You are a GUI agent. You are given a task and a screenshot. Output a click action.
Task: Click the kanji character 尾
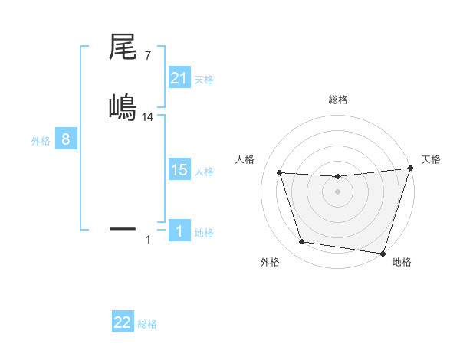(x=123, y=47)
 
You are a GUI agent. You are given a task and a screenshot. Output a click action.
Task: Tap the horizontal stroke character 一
(x=123, y=227)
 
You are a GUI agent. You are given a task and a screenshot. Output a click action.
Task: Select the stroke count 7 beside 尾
(x=147, y=55)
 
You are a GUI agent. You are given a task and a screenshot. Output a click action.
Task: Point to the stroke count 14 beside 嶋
(x=148, y=116)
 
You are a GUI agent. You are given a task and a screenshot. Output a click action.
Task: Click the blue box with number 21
(x=179, y=77)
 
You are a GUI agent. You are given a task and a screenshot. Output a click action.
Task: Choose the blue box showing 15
(x=179, y=170)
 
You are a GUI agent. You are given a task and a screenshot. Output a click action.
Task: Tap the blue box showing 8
(x=66, y=140)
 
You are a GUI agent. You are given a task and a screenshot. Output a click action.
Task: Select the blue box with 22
(x=123, y=322)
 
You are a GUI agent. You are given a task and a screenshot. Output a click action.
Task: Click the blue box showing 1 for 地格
(x=179, y=231)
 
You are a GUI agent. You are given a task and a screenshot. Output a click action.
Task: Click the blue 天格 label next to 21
(x=204, y=79)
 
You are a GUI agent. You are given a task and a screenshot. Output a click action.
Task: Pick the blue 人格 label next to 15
(x=204, y=172)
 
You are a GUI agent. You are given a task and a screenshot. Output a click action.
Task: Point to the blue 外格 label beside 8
(x=41, y=141)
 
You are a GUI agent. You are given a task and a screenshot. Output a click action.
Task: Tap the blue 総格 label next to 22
(x=147, y=324)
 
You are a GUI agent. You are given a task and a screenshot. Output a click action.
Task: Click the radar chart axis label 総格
(x=337, y=100)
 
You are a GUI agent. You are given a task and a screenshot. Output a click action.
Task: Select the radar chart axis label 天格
(x=431, y=159)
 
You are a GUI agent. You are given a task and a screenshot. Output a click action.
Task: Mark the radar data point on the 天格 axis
(x=410, y=169)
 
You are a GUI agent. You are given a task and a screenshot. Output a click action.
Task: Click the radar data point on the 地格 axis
(x=383, y=253)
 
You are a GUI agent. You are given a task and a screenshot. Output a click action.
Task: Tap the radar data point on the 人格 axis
(x=280, y=173)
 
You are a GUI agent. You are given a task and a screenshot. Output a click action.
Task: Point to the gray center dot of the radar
(x=337, y=191)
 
